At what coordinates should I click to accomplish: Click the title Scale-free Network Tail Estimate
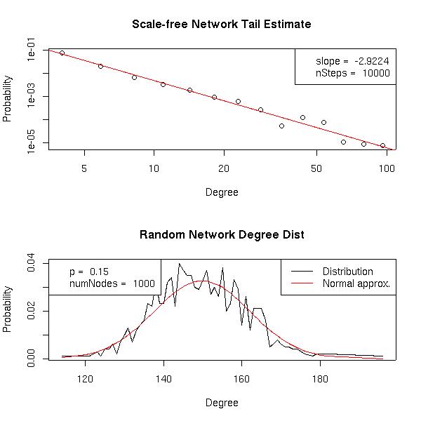[x=221, y=25]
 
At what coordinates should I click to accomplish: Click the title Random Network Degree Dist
[x=221, y=235]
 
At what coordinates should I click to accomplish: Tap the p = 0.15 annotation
[x=88, y=272]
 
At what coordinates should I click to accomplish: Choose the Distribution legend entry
[x=347, y=272]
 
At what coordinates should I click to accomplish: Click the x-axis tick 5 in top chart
[x=84, y=169]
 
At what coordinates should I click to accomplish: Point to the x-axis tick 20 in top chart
[x=224, y=169]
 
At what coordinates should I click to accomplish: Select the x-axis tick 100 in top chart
[x=386, y=169]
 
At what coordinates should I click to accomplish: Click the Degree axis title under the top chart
[x=221, y=192]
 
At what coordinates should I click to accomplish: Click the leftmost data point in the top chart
[x=62, y=53]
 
